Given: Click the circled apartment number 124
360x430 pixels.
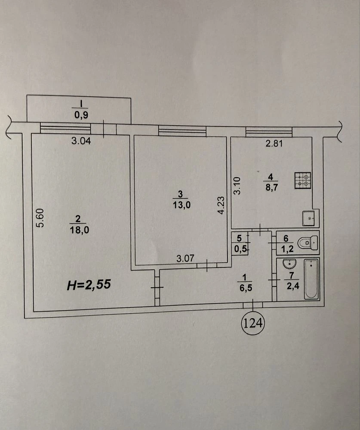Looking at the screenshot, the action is (x=252, y=324).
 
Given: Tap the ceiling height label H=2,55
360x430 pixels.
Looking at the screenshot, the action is (x=89, y=284).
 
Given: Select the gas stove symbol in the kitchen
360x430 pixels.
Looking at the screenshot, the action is (x=303, y=181).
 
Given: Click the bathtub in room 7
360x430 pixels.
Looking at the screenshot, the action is (x=311, y=279).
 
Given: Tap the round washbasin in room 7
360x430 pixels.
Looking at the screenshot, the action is (x=289, y=264).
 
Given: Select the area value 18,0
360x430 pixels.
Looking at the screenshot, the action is (x=79, y=230).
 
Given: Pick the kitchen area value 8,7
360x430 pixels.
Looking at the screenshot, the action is (x=271, y=187).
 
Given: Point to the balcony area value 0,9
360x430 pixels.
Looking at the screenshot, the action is (x=81, y=115).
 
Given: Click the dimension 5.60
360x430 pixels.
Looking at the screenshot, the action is (x=40, y=218).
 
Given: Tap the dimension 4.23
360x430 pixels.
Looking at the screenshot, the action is (x=221, y=205).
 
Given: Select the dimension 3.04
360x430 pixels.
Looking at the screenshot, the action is (x=81, y=141).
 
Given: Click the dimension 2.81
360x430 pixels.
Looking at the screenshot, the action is (x=274, y=143).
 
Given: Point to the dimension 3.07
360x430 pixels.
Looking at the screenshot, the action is (x=185, y=258).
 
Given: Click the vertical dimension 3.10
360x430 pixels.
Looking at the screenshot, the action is (x=237, y=186).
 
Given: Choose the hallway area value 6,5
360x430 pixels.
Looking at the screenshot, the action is (x=245, y=288).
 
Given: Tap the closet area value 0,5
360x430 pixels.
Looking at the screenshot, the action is (x=240, y=249).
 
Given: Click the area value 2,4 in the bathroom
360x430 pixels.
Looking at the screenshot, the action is (x=293, y=286).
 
